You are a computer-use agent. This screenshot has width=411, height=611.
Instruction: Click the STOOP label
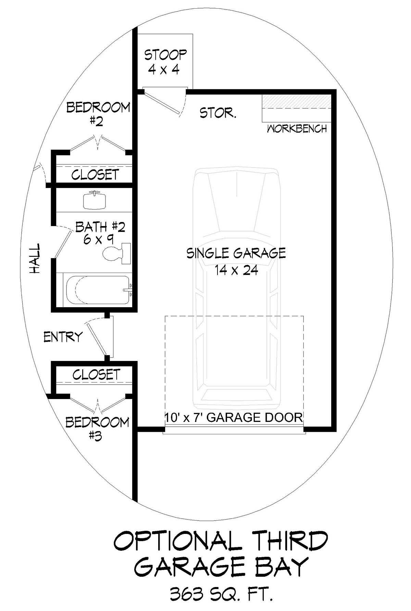165,55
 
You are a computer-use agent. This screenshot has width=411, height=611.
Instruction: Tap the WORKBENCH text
297,129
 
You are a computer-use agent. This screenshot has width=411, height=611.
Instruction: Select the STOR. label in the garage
218,113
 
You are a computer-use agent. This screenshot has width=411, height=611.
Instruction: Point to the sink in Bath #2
94,199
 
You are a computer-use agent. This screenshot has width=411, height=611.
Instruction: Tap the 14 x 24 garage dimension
236,270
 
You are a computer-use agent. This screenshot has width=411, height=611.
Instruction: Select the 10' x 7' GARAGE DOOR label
234,417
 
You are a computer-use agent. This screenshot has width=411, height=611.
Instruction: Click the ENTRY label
63,337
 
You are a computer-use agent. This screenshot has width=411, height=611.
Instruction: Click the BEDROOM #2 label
98,114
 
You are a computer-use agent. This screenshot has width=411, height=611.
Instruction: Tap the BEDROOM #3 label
97,428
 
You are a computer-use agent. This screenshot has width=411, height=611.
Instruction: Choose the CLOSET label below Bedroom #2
95,175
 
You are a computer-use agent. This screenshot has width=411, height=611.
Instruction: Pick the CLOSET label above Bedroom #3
97,374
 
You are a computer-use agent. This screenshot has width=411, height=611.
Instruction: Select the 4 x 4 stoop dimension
164,70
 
